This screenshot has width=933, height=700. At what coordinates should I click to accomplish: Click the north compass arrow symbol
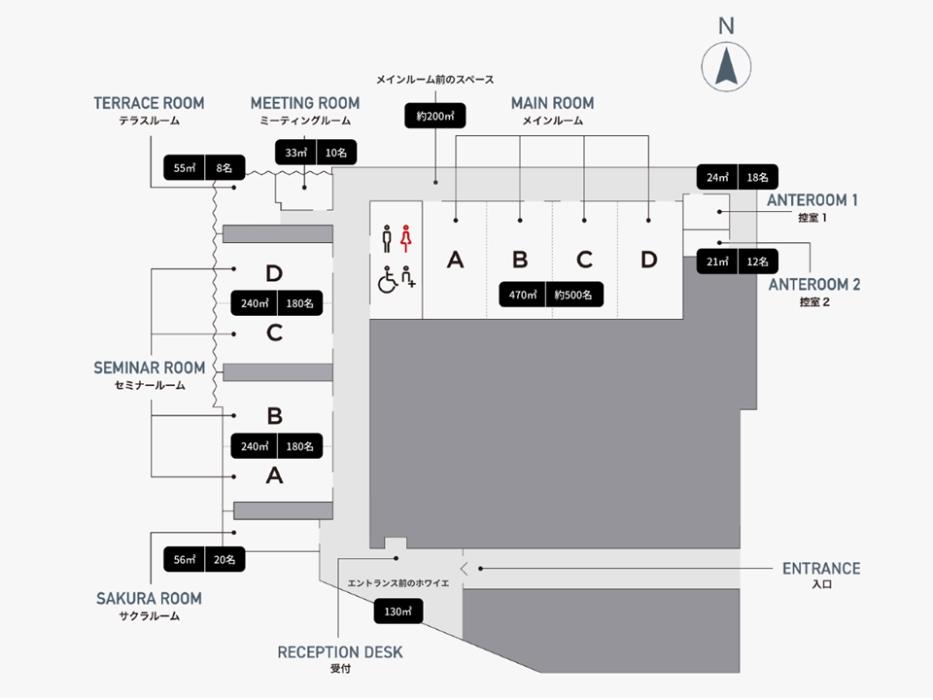(x=726, y=67)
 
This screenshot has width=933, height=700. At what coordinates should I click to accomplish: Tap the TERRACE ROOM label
(x=149, y=103)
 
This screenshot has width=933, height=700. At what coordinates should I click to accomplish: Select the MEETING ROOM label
(x=305, y=103)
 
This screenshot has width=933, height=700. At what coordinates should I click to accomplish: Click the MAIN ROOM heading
(x=553, y=103)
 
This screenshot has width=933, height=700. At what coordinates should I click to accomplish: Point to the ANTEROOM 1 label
(x=812, y=200)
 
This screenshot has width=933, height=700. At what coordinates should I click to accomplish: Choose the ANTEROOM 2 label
(x=814, y=285)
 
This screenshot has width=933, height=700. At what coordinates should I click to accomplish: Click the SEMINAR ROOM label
(x=150, y=368)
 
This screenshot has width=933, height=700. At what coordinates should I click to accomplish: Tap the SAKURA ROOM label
(x=149, y=598)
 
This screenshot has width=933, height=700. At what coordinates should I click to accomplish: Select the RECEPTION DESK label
(x=340, y=652)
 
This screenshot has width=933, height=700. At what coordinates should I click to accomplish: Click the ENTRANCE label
(x=821, y=569)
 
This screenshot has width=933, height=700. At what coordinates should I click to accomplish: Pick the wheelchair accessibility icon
(x=387, y=280)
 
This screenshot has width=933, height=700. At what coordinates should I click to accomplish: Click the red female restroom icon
(x=406, y=236)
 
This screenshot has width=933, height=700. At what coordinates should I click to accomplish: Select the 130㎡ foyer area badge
(x=398, y=611)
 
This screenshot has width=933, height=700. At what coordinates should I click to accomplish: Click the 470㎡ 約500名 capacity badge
(x=553, y=294)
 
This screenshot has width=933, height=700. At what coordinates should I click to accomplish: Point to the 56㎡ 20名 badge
(x=205, y=559)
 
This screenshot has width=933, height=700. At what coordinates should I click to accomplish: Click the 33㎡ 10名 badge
(x=316, y=153)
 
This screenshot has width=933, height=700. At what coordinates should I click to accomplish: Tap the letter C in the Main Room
(x=584, y=260)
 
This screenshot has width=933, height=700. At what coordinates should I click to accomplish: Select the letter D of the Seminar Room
(x=274, y=273)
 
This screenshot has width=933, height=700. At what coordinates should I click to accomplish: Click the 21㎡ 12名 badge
(x=737, y=262)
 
